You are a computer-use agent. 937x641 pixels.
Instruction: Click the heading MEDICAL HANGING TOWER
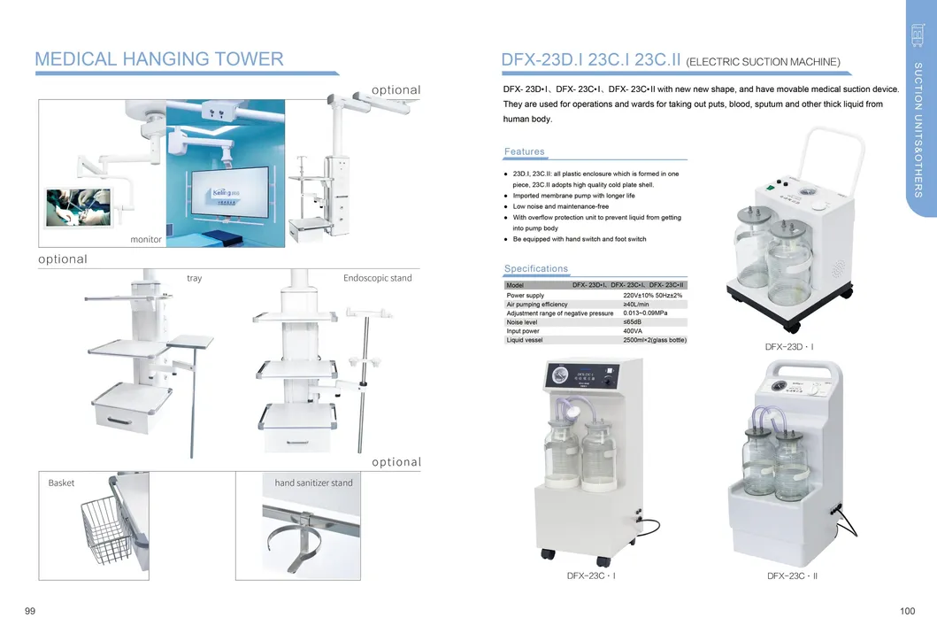pyautogui.click(x=159, y=59)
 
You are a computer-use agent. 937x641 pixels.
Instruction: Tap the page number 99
pyautogui.click(x=30, y=612)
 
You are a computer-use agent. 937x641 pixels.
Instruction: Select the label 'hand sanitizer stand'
pyautogui.click(x=313, y=483)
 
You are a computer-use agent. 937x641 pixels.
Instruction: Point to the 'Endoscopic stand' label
pyautogui.click(x=378, y=278)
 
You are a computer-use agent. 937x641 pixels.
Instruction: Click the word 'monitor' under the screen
pyautogui.click(x=146, y=240)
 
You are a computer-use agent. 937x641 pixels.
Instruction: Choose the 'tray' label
pyautogui.click(x=195, y=278)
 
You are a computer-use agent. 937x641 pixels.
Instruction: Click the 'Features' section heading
pyautogui.click(x=525, y=151)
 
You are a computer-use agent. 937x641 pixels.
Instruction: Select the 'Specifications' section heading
pyautogui.click(x=536, y=268)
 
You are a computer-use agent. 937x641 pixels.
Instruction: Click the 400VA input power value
pyautogui.click(x=633, y=331)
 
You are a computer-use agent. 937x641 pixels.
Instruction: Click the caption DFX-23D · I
pyautogui.click(x=789, y=347)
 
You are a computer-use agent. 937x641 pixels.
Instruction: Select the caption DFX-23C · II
pyautogui.click(x=792, y=576)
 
